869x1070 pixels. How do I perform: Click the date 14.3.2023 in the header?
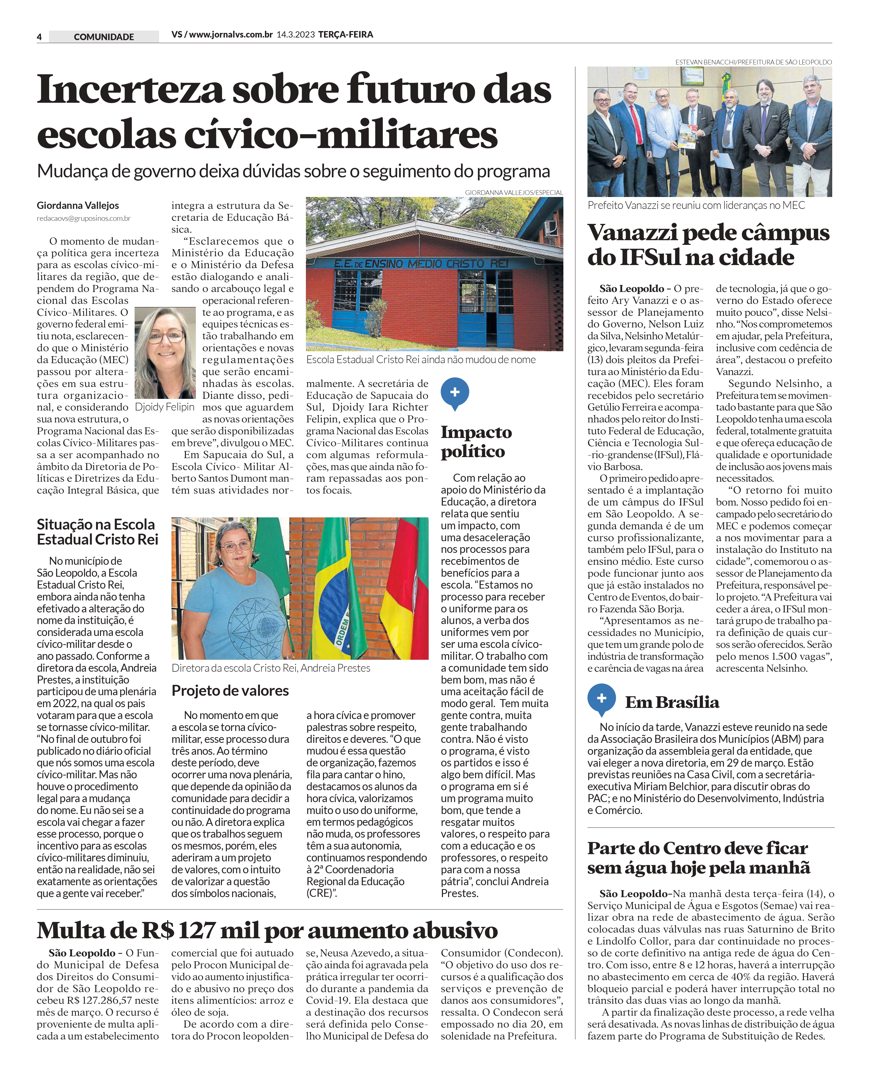tap(295, 34)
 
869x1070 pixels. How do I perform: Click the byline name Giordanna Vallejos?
tap(78, 206)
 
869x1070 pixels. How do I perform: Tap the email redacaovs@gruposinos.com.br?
tap(84, 219)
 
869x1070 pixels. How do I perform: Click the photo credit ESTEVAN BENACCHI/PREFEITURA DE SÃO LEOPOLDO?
tap(753, 62)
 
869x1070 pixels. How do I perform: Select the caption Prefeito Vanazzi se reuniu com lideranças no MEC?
tap(696, 206)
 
